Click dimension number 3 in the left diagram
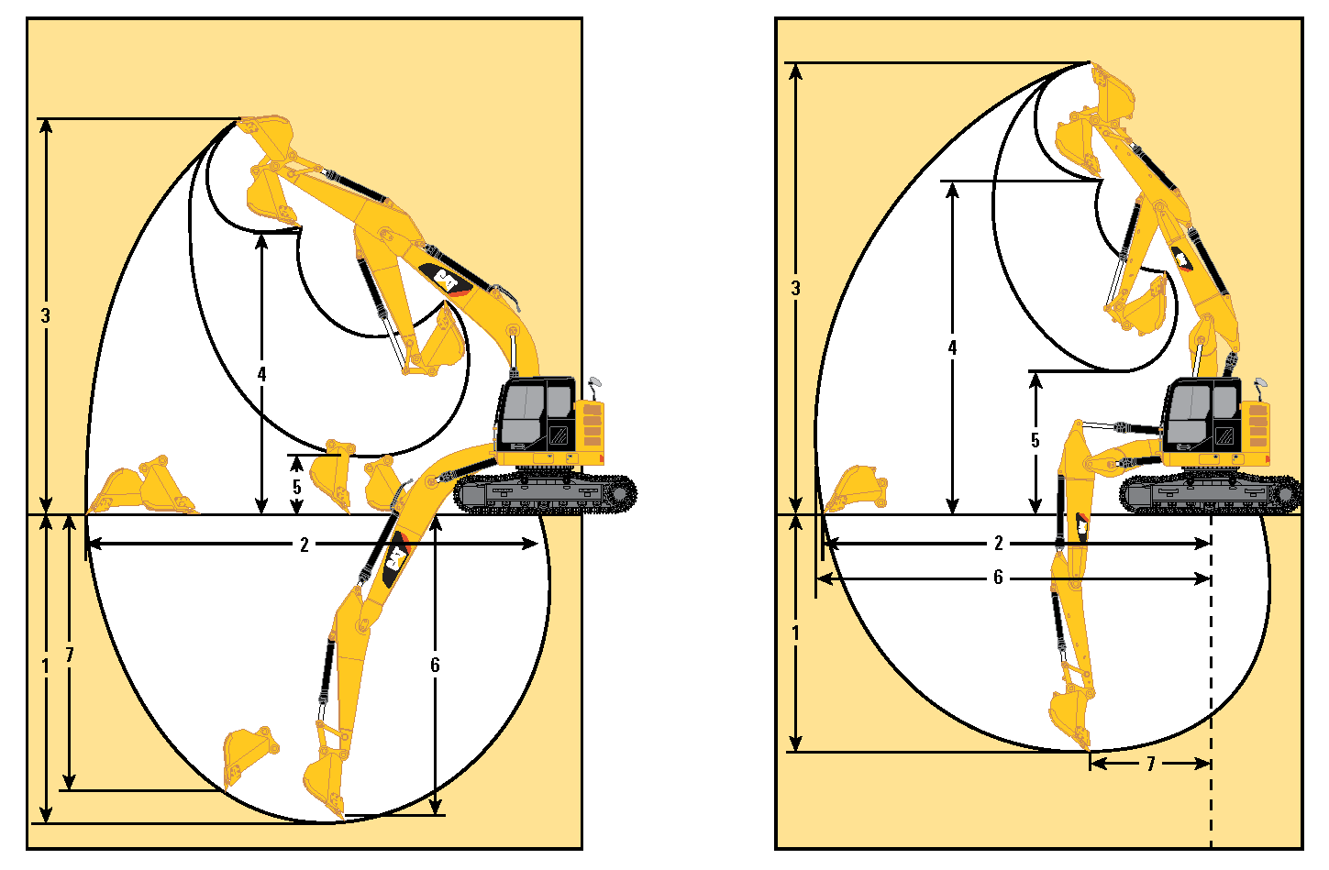(46, 315)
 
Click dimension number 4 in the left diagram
(261, 374)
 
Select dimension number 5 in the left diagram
(297, 487)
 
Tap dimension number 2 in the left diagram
(305, 545)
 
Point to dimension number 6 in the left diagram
(435, 665)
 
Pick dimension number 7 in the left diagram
(70, 655)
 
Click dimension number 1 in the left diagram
(45, 666)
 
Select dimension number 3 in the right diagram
(795, 288)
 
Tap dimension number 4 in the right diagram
(952, 347)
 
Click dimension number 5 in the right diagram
(1036, 441)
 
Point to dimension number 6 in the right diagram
(999, 577)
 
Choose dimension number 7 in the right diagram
(1150, 764)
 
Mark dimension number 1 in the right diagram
(795, 633)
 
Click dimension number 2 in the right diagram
(999, 543)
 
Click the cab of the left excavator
(536, 414)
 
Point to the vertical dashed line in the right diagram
(1211, 682)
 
